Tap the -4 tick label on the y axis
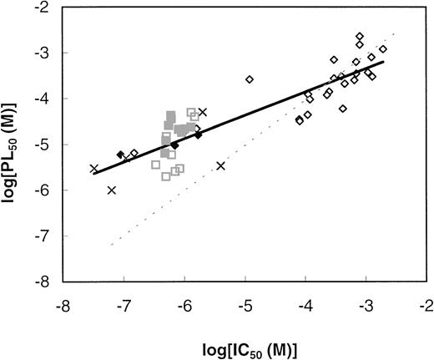coord(48,99)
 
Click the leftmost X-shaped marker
coord(93,168)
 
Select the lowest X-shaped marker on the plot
coord(112,190)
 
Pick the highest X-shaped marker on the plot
coord(202,112)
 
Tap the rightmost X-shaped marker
coord(220,165)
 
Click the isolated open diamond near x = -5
coord(249,79)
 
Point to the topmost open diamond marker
coord(359,36)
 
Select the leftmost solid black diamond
coord(121,155)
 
